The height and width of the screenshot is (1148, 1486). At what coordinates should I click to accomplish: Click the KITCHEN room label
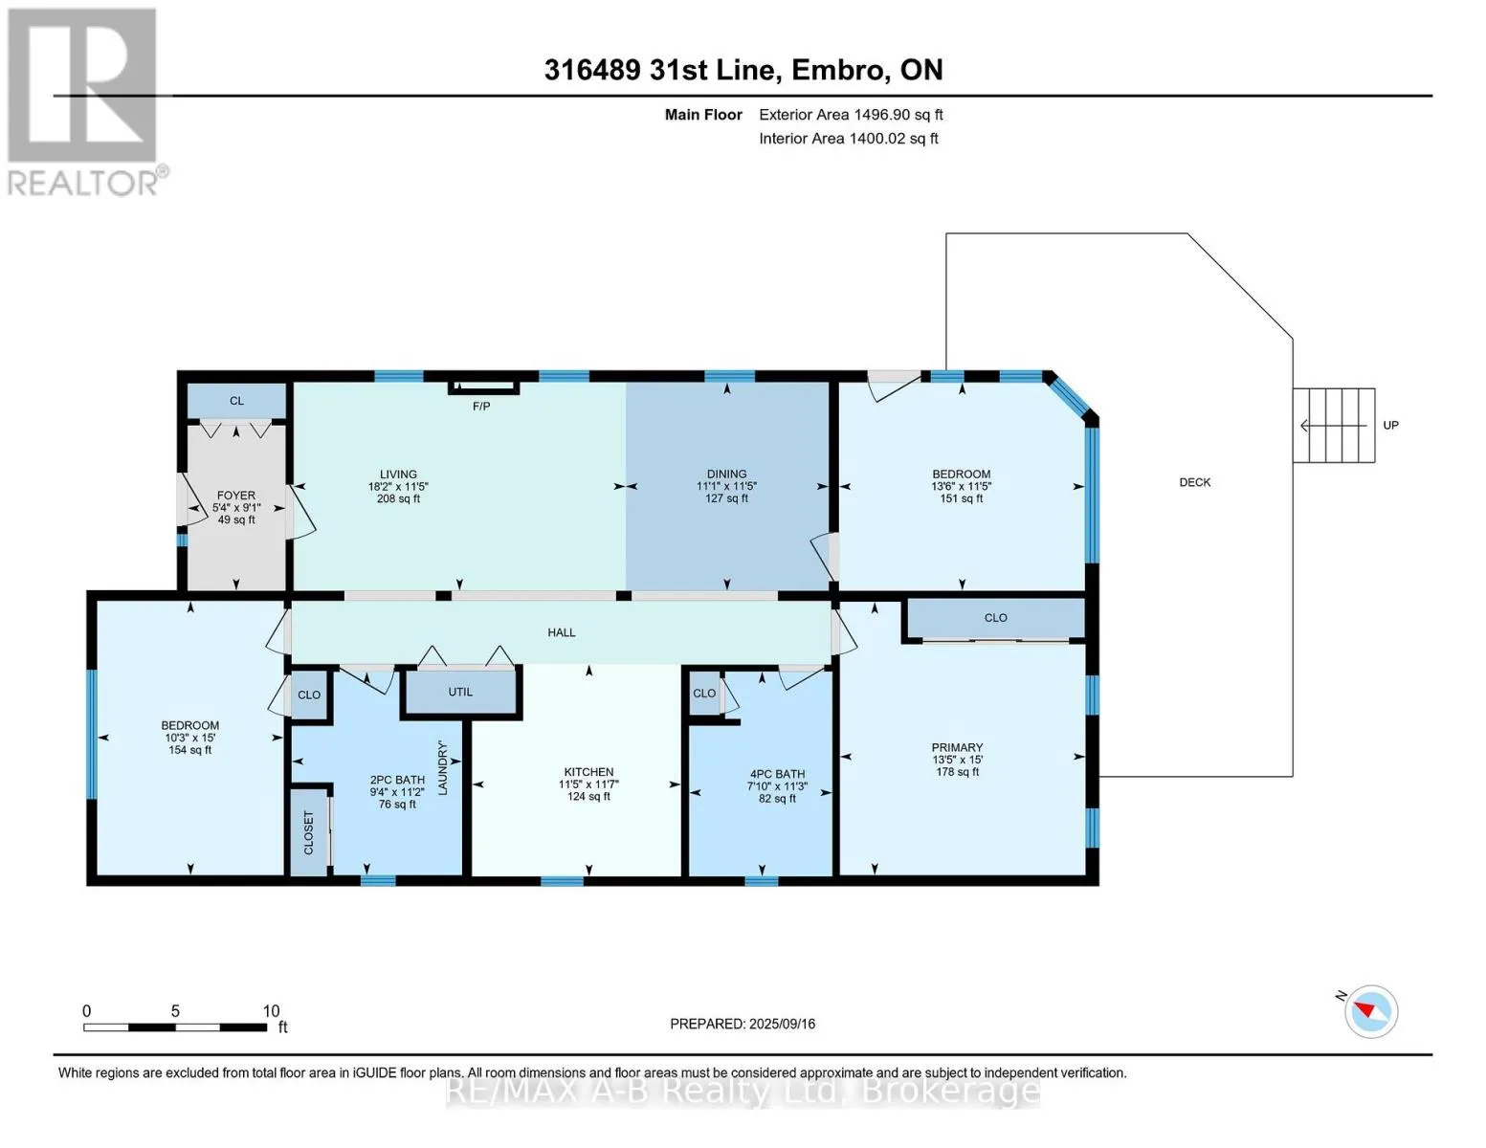pos(588,772)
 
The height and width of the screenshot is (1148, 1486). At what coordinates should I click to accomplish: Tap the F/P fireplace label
pos(481,407)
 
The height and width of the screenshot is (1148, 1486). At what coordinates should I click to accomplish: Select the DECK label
pos(1194,482)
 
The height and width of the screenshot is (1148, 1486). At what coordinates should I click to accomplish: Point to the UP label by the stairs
pos(1390,425)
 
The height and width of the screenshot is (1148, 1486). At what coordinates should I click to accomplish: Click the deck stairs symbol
pos(1334,425)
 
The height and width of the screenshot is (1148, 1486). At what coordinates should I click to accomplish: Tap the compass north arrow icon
pos(1370,1011)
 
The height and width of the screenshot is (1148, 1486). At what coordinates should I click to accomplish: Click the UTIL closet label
pos(460,692)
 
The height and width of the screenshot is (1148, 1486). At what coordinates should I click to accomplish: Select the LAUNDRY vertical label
pos(443,767)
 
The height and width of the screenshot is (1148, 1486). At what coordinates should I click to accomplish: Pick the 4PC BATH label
pos(777,774)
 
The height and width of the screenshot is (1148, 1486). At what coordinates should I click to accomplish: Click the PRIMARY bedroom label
pos(957,747)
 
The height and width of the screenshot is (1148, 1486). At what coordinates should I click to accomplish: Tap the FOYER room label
pos(236,496)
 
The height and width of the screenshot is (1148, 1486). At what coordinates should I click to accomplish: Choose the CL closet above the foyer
pos(236,401)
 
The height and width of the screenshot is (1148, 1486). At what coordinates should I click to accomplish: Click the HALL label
pos(562,632)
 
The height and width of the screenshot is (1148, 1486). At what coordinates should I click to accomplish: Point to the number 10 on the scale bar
pos(271,1011)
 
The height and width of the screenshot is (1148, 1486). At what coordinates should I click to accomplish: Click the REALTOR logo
pos(83,100)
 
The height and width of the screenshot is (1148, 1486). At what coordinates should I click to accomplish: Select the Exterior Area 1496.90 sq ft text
pos(851,115)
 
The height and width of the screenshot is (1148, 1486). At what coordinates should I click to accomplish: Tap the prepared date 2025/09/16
pos(782,1024)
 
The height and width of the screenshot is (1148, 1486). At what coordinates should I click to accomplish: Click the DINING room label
pos(726,474)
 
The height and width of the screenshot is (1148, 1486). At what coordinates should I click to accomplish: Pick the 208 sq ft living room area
pos(398,498)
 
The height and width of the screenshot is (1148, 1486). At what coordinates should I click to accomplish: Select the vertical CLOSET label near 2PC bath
pos(308,832)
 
